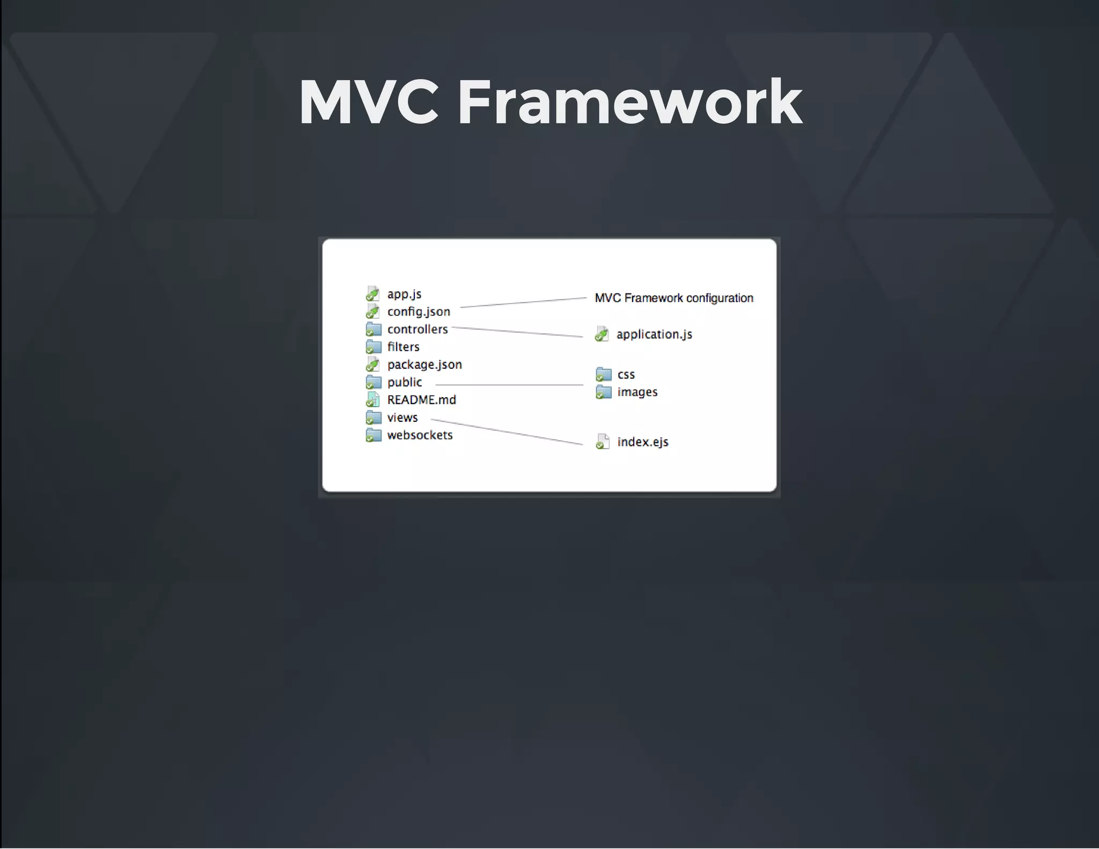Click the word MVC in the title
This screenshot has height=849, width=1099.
(369, 102)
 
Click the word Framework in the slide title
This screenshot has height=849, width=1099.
(629, 102)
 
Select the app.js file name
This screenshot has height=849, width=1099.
(404, 294)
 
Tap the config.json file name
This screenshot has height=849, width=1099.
(419, 312)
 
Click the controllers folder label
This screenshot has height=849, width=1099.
(417, 330)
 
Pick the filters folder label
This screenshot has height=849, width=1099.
(403, 347)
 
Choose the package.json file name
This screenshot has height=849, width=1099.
(424, 365)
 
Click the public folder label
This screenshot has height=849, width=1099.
(405, 383)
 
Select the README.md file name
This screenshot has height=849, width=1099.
(421, 400)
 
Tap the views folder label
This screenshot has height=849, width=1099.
(402, 418)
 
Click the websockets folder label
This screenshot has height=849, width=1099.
(420, 435)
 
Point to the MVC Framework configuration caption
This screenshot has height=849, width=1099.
(674, 298)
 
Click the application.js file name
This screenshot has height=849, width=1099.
(654, 335)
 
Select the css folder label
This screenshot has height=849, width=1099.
(626, 375)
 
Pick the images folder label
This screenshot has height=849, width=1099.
(637, 392)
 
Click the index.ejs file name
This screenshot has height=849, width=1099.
(642, 442)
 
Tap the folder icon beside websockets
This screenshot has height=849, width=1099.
(373, 435)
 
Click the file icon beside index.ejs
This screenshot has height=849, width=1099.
(603, 442)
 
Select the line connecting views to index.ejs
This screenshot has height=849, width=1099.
(507, 432)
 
